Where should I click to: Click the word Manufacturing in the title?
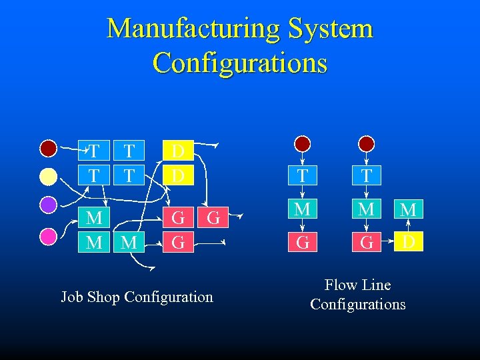pyautogui.click(x=193, y=29)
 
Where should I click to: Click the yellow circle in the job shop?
pyautogui.click(x=49, y=176)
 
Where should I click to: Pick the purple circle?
pyautogui.click(x=49, y=205)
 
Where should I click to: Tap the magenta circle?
pyautogui.click(x=49, y=236)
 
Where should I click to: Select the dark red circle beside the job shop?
pyautogui.click(x=49, y=147)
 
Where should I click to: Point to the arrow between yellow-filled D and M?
pyautogui.click(x=408, y=225)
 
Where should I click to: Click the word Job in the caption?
pyautogui.click(x=73, y=297)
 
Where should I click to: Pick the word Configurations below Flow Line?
pyautogui.click(x=358, y=305)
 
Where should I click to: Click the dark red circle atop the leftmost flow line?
pyautogui.click(x=303, y=144)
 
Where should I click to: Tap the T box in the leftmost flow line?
pyautogui.click(x=303, y=176)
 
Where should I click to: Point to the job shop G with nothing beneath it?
pyautogui.click(x=213, y=218)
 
